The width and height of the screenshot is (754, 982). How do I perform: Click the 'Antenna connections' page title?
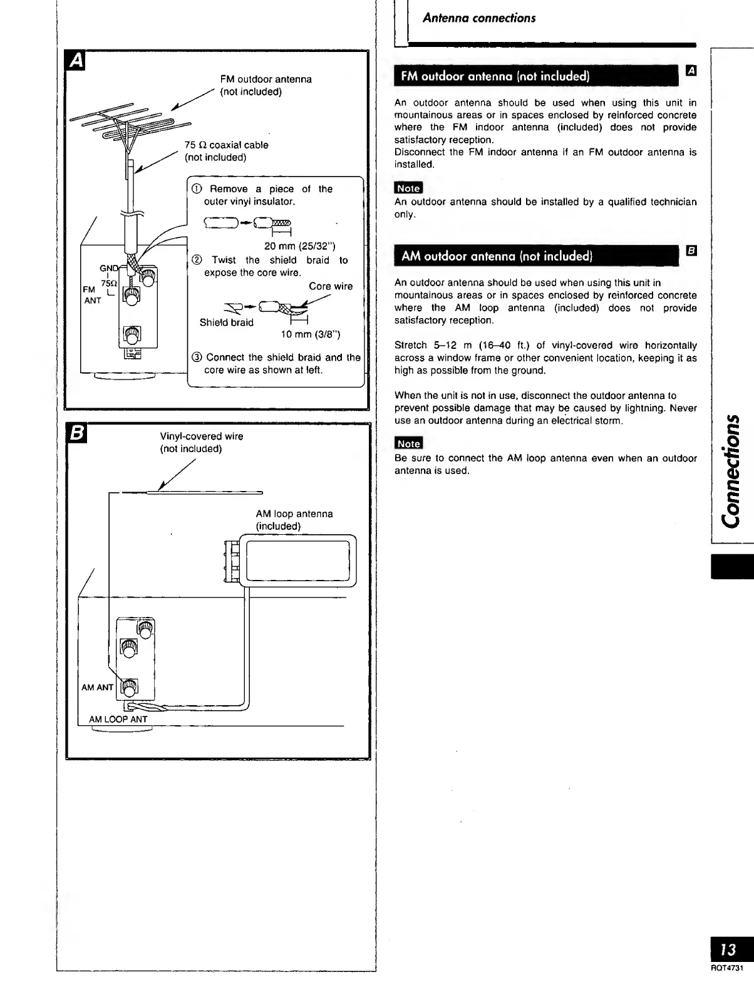(479, 18)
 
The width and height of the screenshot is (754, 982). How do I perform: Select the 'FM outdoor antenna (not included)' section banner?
(495, 77)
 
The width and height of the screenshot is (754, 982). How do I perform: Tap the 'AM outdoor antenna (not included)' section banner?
(496, 256)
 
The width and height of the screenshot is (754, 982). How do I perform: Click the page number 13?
(728, 949)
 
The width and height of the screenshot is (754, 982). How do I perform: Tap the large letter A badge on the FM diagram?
(76, 61)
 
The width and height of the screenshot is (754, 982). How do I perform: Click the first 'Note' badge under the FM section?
(409, 188)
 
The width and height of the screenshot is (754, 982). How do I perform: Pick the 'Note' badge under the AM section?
(409, 443)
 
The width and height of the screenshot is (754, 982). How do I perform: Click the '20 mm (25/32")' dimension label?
(300, 246)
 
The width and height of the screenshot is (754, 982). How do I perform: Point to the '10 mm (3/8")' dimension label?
(311, 334)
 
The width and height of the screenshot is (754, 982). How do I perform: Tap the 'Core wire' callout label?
(331, 286)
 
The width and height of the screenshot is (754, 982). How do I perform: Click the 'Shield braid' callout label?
(227, 323)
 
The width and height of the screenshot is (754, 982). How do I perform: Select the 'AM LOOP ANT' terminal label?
(118, 719)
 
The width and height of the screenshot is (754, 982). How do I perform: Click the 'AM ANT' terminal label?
(98, 687)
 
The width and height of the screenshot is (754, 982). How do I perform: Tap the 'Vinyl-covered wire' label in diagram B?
(202, 437)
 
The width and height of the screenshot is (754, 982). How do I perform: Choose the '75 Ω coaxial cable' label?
(226, 145)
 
